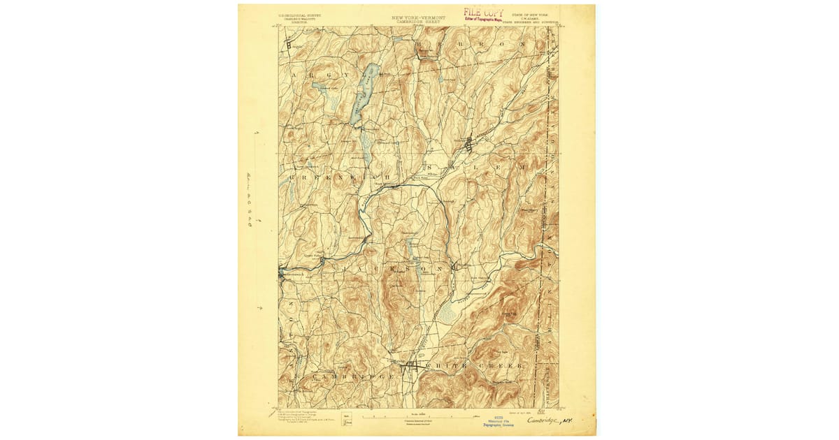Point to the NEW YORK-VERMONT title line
click(418, 17)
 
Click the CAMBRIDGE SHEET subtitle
click(418, 21)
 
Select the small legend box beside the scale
click(347, 419)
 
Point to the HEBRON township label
click(475, 44)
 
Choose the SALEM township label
click(475, 168)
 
